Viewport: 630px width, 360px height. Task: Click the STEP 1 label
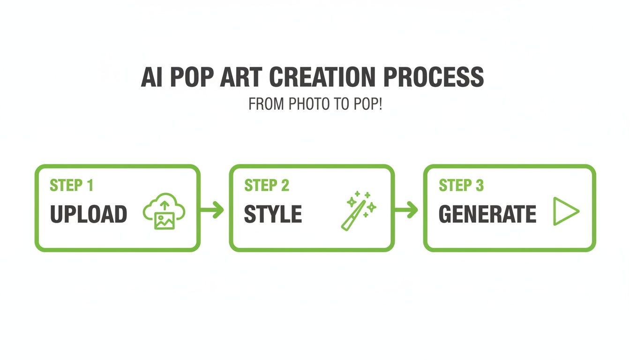(x=71, y=186)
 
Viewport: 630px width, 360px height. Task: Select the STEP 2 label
(x=266, y=186)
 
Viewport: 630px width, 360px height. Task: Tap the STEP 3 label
(x=461, y=186)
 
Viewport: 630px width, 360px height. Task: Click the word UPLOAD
(x=88, y=215)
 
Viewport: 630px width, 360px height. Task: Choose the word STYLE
(x=273, y=215)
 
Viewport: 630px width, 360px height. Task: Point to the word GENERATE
(x=487, y=215)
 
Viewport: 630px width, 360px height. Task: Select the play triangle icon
(x=565, y=211)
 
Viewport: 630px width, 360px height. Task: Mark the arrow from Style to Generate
(x=406, y=210)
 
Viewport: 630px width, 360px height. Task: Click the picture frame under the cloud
(x=165, y=220)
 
